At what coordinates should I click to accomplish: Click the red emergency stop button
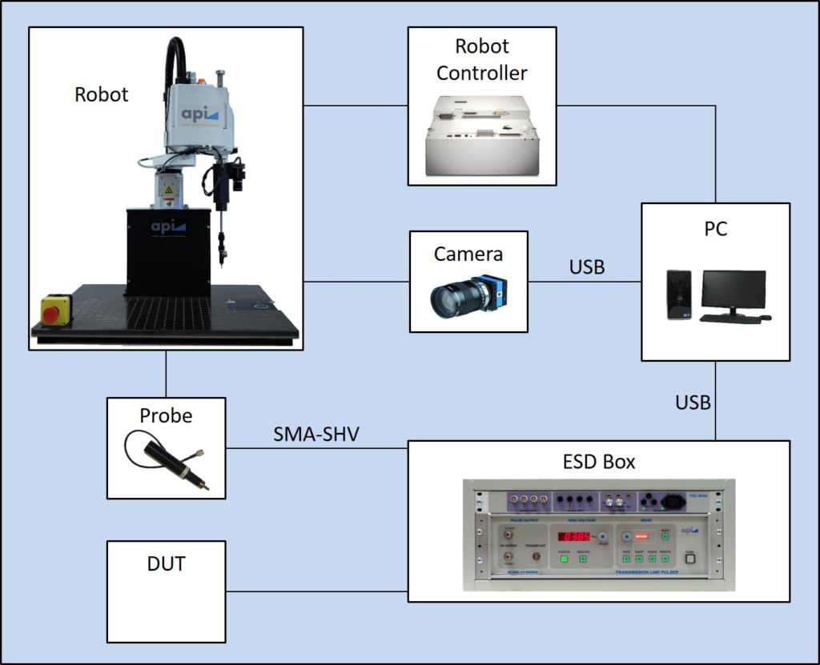pos(51,314)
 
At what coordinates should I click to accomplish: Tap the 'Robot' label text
pos(102,94)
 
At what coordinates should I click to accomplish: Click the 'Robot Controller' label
pos(482,60)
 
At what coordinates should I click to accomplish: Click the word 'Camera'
pos(468,254)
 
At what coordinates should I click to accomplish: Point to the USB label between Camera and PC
pos(587,266)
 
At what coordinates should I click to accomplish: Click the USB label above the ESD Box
pos(693,403)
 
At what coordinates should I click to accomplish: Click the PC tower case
pos(678,294)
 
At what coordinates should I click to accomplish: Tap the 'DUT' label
pos(167,563)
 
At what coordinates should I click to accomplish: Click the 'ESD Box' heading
pos(598,462)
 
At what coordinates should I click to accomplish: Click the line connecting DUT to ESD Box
pos(316,591)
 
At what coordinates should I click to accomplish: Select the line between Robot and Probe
pos(166,374)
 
